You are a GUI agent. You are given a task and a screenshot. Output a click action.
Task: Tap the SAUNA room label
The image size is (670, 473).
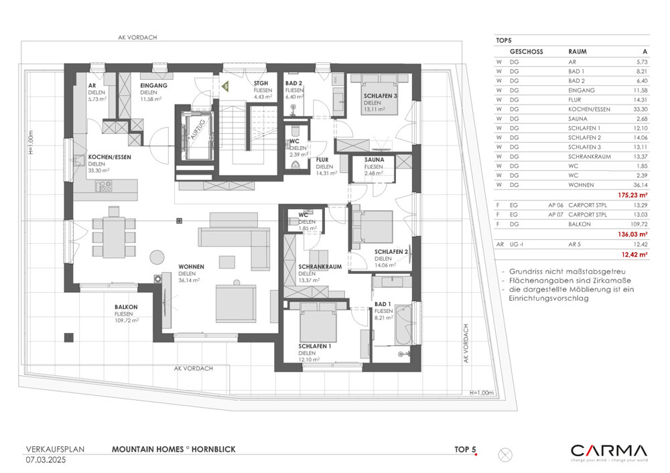coord(374,160)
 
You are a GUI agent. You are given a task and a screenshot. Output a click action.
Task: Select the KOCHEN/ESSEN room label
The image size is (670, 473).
coord(109,157)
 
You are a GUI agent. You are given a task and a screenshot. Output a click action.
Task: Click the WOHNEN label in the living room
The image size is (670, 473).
coord(191,267)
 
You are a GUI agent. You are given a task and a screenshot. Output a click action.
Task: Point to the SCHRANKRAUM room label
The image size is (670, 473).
coord(320,266)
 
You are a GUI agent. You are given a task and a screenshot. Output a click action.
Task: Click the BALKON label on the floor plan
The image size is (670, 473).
coord(125,307)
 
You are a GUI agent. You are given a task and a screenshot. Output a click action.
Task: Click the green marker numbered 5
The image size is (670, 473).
coord(226,86)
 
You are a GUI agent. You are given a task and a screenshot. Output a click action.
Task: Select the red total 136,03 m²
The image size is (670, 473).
coord(632,234)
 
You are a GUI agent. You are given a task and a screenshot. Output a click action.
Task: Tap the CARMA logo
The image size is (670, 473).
coord(608,452)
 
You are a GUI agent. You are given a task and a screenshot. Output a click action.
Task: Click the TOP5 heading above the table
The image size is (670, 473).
coord(504,41)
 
